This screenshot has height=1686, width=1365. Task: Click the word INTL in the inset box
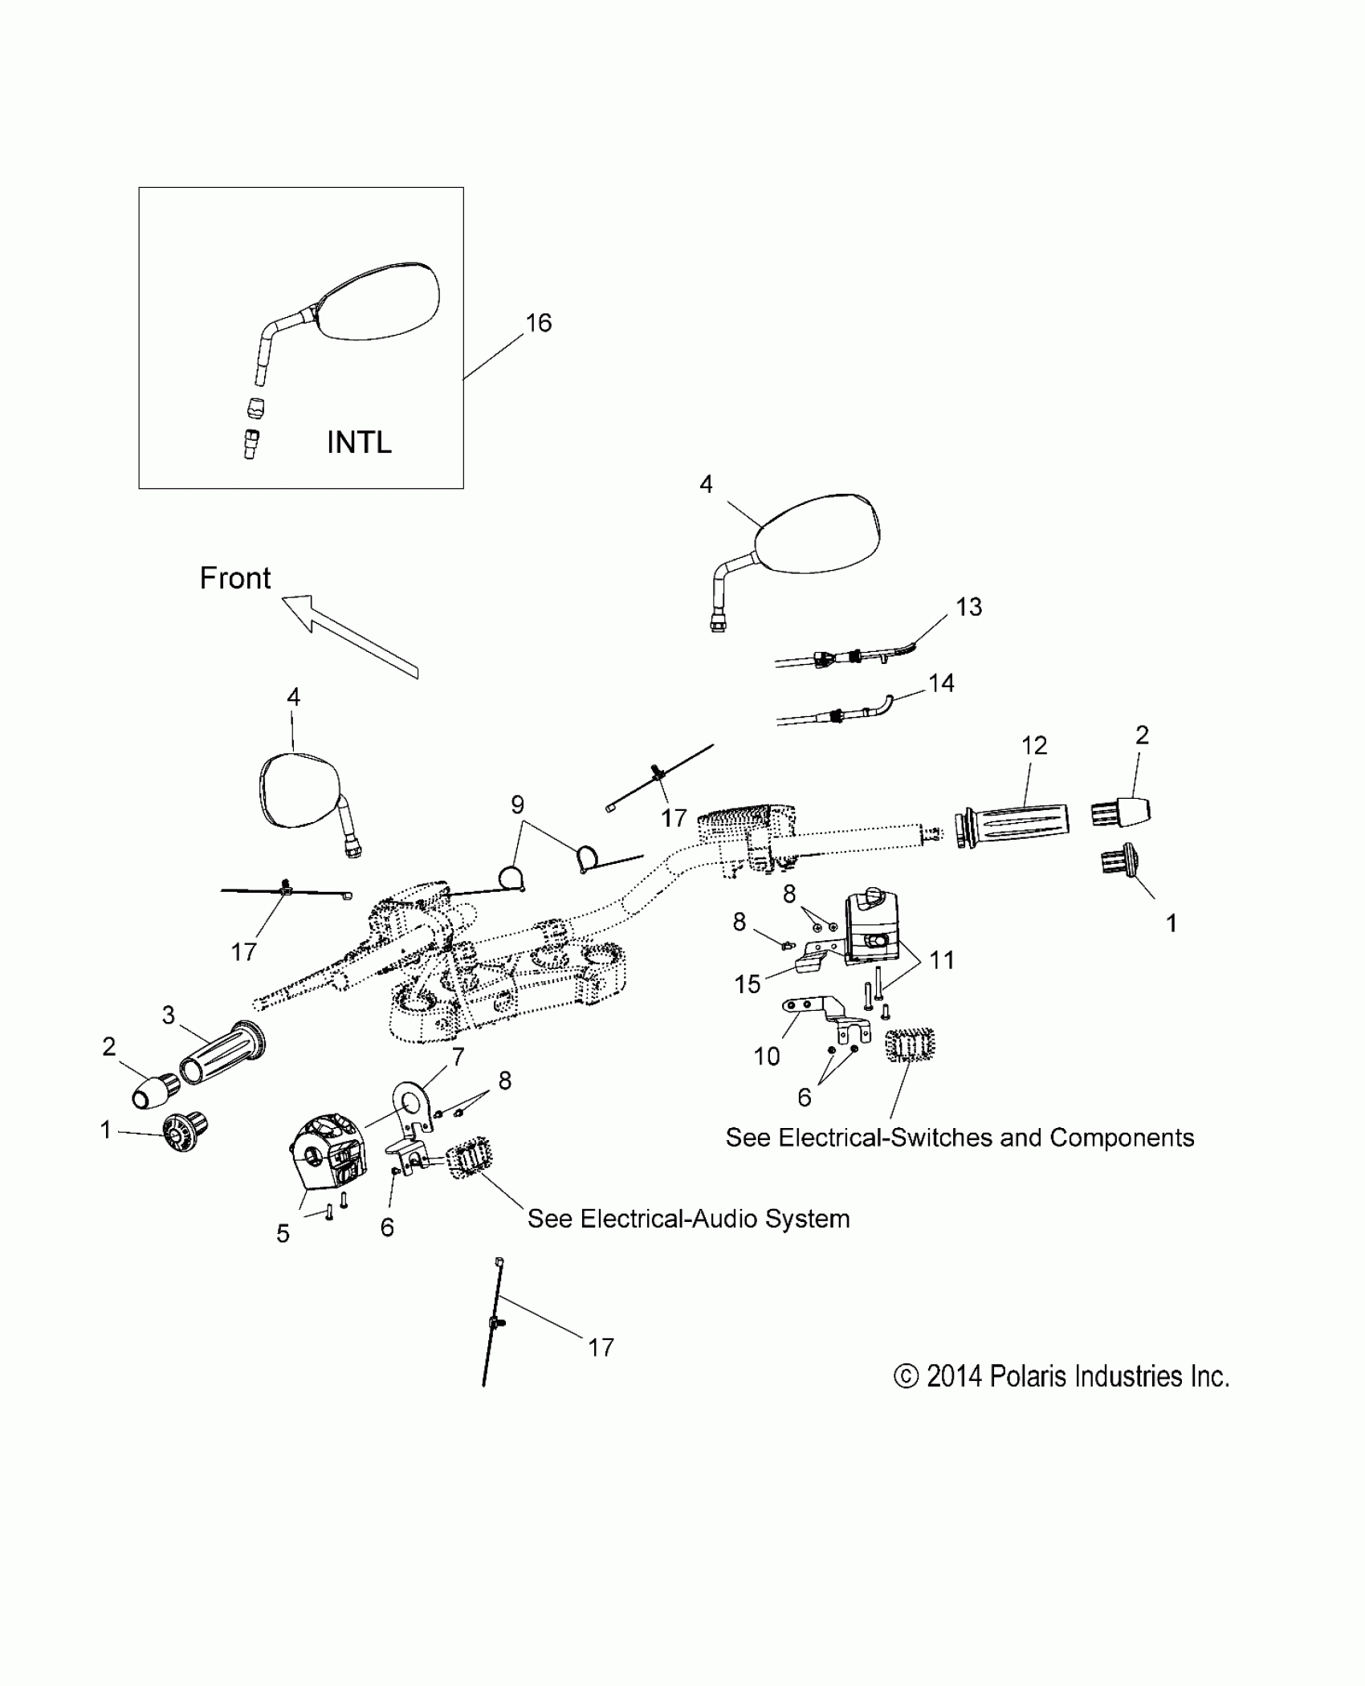point(359,442)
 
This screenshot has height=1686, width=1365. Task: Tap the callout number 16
point(538,323)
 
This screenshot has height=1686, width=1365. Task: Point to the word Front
point(234,578)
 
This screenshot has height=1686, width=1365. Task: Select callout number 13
point(968,607)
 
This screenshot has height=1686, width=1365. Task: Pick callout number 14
point(941,683)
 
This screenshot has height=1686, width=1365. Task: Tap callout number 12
point(1034,746)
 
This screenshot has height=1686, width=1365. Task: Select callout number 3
point(168,1016)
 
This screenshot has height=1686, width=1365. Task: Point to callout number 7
point(458,1057)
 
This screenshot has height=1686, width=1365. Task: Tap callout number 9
point(517,804)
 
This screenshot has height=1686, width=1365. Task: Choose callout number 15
point(747,984)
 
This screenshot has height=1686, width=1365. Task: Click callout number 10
point(767,1057)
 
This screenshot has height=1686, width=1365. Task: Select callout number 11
point(941,960)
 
